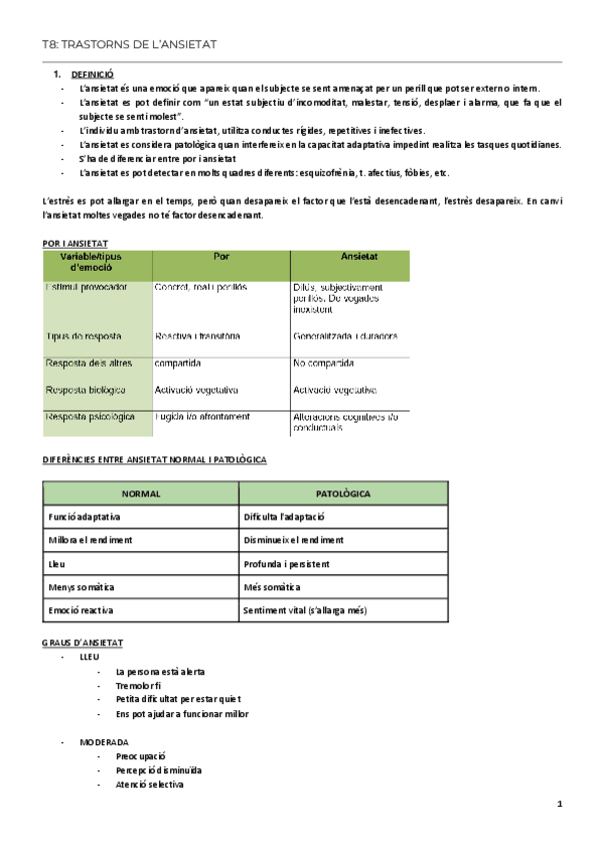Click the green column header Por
(221, 256)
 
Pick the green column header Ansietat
(350, 256)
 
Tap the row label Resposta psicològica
(90, 416)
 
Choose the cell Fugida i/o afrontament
(202, 416)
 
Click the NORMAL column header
(140, 493)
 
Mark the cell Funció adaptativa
(84, 516)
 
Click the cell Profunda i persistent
(285, 563)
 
